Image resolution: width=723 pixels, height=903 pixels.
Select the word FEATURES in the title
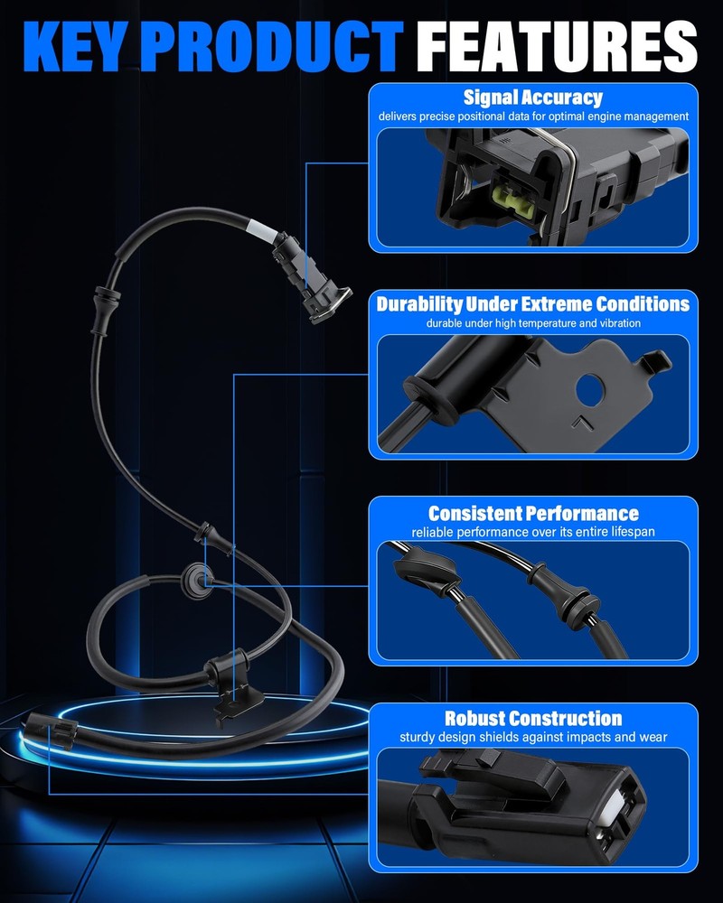click(x=557, y=47)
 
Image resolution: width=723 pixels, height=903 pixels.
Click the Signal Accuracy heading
click(x=532, y=98)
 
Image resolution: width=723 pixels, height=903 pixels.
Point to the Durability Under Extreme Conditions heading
click(x=532, y=303)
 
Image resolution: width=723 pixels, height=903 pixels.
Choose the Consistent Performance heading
click(x=533, y=513)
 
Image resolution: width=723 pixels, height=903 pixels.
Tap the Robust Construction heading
click(x=533, y=718)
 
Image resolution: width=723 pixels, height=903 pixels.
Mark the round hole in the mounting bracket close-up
click(x=589, y=390)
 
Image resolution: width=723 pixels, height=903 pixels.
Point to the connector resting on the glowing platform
click(x=52, y=731)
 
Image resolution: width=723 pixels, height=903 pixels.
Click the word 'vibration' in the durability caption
click(x=619, y=323)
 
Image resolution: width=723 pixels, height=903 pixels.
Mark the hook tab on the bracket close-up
click(x=655, y=360)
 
